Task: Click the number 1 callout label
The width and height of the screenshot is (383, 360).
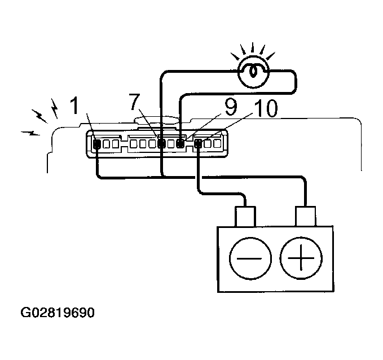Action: [74, 106]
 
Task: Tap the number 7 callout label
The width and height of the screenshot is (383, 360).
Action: [135, 102]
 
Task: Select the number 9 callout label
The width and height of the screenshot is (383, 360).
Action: [231, 108]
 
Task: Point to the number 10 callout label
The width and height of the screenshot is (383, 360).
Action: [266, 108]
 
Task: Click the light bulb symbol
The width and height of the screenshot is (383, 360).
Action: [253, 71]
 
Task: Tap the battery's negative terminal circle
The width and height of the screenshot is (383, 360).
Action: [250, 258]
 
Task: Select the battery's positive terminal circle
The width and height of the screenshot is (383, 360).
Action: [301, 258]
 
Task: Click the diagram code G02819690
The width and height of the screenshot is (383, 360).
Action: [58, 313]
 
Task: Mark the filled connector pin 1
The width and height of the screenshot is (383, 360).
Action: [97, 144]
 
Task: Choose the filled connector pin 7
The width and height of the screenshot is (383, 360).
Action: [161, 143]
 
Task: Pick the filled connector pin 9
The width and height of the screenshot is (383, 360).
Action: [181, 144]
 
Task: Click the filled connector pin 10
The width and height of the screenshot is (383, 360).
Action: [198, 143]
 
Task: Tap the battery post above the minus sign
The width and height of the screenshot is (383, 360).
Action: [245, 217]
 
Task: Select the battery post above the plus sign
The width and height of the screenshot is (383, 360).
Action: [306, 216]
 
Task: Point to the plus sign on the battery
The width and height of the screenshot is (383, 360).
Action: [301, 258]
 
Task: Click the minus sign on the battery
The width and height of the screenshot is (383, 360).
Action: [249, 258]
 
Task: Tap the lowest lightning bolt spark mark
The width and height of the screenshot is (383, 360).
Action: [30, 133]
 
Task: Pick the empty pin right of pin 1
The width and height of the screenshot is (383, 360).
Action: [106, 144]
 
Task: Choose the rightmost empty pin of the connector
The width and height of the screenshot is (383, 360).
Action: [217, 143]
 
